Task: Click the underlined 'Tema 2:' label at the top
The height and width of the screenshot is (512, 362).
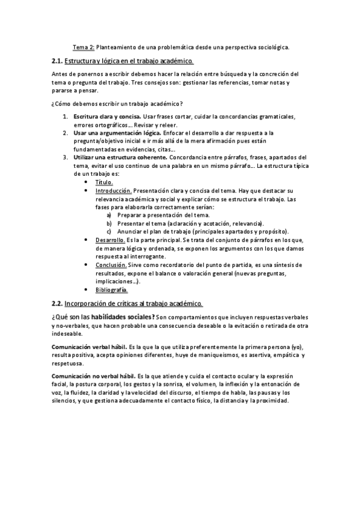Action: (83, 46)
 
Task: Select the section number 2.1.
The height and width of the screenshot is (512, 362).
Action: (57, 61)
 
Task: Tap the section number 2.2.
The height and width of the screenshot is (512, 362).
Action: (57, 303)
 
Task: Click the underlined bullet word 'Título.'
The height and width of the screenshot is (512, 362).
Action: (104, 181)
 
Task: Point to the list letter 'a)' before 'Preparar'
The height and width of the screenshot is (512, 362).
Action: (109, 215)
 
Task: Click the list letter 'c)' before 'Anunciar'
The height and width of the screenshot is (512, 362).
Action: (109, 231)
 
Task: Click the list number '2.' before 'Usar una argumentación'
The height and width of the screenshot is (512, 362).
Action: (65, 132)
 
